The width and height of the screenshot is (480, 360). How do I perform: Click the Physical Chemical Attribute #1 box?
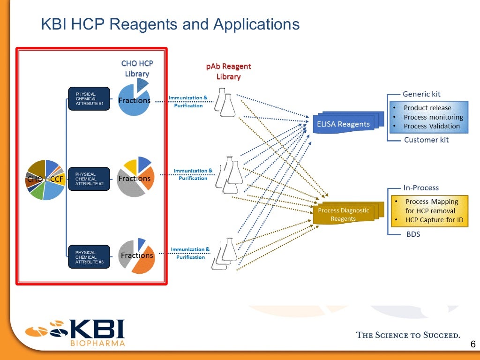[89, 99]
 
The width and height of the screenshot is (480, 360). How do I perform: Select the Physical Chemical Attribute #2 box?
[89, 179]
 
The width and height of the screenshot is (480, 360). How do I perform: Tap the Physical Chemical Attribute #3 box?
[89, 257]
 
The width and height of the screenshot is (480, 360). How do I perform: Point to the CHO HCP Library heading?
[137, 68]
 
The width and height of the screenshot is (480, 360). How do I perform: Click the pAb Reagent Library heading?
[228, 71]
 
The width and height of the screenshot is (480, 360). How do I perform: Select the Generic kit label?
[421, 94]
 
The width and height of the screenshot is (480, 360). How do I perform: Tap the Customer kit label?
[426, 140]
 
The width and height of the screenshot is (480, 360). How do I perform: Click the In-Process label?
[420, 187]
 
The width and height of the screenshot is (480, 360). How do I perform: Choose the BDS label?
[412, 234]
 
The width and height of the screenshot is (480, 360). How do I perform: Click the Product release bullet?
[427, 108]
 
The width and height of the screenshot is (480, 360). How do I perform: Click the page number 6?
[472, 345]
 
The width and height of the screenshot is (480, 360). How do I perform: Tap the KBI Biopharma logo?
[75, 332]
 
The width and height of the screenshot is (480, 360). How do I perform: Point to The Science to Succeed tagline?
[408, 335]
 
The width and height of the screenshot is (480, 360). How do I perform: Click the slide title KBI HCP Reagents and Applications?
[170, 24]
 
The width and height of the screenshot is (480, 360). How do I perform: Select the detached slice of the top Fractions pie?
[142, 85]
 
